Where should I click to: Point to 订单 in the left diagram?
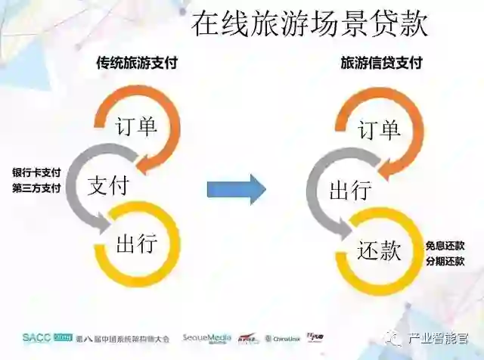coord(137,126)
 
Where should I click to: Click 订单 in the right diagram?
coord(379,130)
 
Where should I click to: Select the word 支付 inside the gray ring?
coord(108,185)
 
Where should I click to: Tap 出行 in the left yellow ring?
coord(137,244)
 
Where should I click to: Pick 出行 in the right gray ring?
coord(350,190)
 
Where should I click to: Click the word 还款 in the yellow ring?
coord(379,250)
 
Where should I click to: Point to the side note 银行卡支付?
coord(36,172)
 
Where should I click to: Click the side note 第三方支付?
coord(36,188)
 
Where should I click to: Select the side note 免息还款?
coord(444,246)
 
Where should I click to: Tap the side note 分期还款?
coord(444,262)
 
